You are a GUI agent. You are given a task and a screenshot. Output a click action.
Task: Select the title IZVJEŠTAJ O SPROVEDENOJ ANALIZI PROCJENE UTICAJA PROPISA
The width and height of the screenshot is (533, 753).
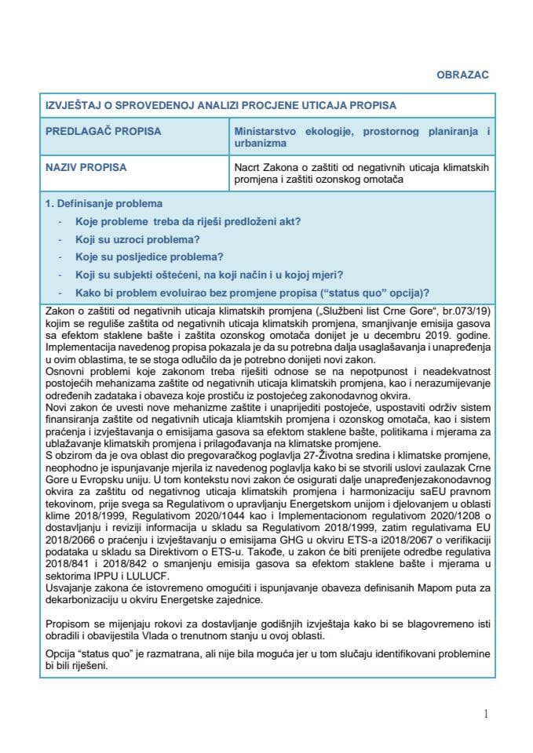click(221, 105)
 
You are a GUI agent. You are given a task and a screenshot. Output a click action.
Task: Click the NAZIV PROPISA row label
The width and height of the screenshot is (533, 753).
click(86, 167)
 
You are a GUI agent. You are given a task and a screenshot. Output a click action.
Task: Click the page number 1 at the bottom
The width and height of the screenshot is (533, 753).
click(487, 714)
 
